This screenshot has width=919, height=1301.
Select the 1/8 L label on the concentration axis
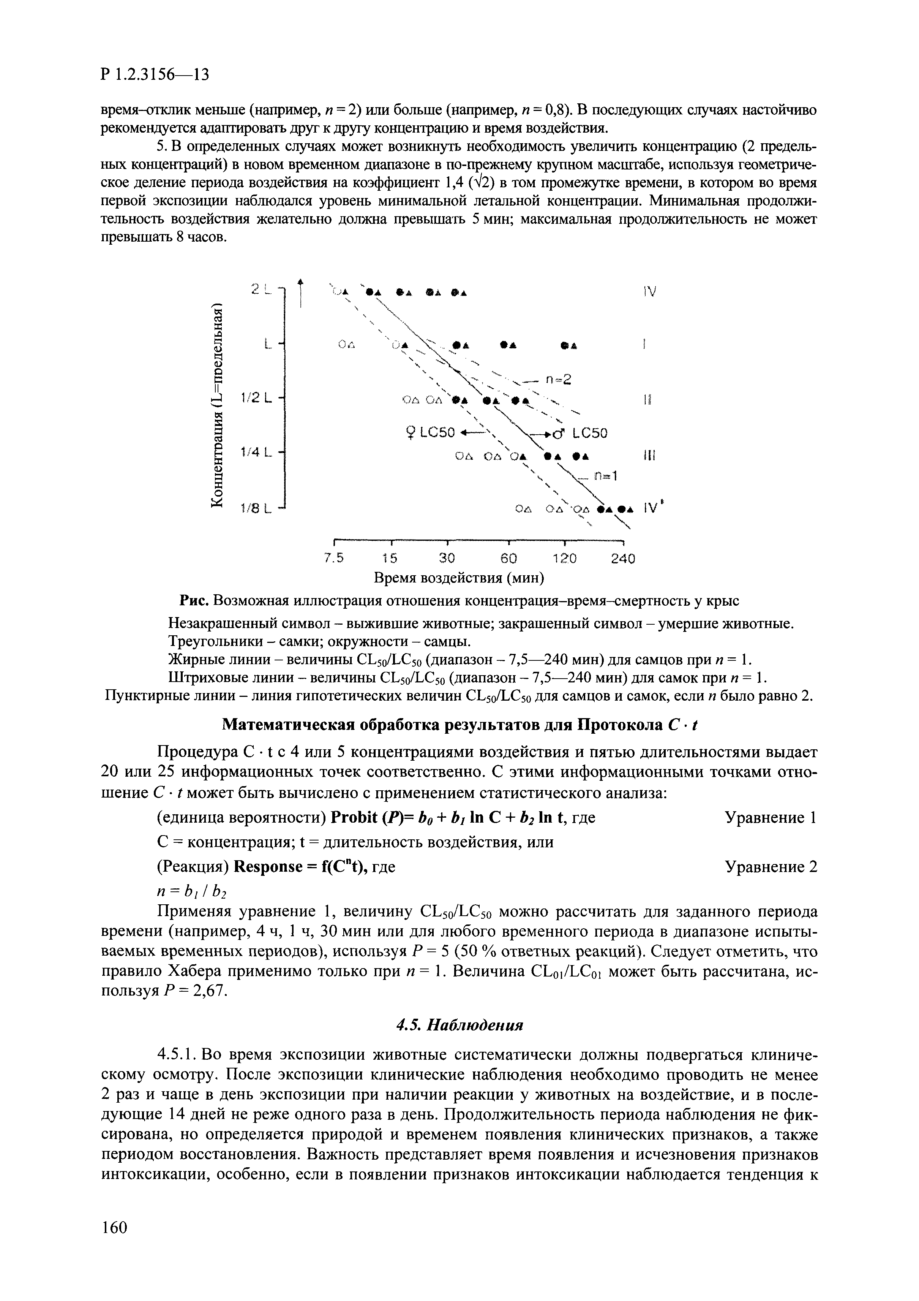(x=256, y=509)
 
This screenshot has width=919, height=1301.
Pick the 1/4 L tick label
(x=256, y=452)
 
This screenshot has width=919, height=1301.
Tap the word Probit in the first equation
(x=355, y=818)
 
